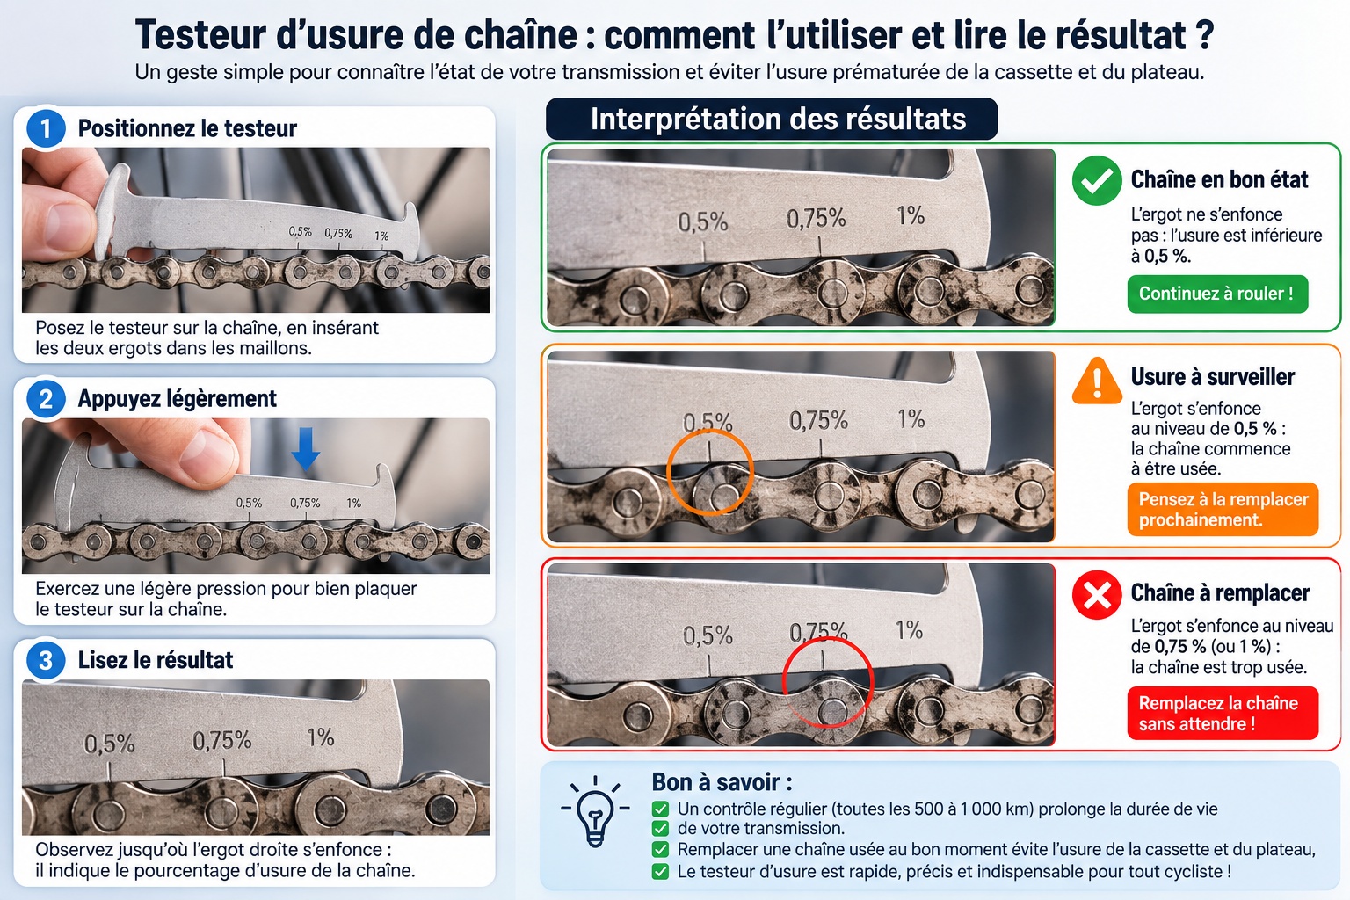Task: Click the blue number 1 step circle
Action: (x=46, y=128)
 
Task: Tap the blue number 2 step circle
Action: (x=46, y=399)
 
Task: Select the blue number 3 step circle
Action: (x=46, y=660)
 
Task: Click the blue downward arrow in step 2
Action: (x=306, y=448)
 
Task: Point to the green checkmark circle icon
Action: (x=1097, y=180)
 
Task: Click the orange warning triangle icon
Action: (x=1097, y=381)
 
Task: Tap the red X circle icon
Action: (x=1097, y=595)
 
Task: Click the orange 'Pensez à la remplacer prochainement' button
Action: (x=1223, y=510)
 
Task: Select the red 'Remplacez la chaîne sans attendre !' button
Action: (x=1223, y=713)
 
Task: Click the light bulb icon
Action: (x=595, y=811)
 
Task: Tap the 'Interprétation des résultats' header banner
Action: (x=772, y=119)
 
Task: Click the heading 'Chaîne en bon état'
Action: (x=1219, y=179)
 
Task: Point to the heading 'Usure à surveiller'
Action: (x=1213, y=377)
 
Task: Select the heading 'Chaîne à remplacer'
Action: (x=1220, y=592)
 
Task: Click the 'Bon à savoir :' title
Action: (x=722, y=782)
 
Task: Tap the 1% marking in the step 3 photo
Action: (x=320, y=737)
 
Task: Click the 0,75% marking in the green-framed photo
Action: (x=816, y=219)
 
